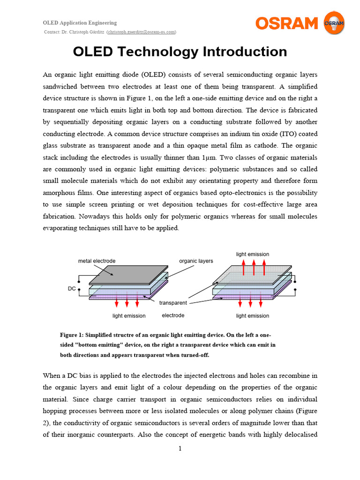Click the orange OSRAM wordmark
[x=286, y=23]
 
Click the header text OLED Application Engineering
[x=80, y=22]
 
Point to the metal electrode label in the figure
[x=97, y=261]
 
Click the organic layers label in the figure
[x=196, y=261]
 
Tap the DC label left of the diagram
[x=72, y=289]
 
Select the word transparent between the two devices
[x=173, y=303]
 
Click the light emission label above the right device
[x=253, y=254]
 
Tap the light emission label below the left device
[x=129, y=316]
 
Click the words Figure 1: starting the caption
[x=72, y=335]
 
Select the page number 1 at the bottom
[x=180, y=449]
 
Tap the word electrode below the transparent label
[x=173, y=315]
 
